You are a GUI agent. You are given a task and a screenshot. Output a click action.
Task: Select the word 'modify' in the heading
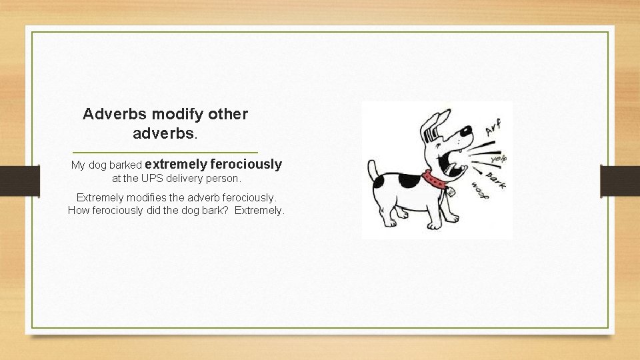point(163,114)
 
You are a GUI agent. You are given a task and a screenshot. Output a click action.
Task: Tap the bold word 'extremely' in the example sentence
point(175,164)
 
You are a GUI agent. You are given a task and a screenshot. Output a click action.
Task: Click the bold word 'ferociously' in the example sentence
point(246,164)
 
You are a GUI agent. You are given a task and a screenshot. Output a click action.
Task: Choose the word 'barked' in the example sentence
point(124,165)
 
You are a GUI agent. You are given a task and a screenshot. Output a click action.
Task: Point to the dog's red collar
point(434,179)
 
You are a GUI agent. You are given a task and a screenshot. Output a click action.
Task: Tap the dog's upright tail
point(374,169)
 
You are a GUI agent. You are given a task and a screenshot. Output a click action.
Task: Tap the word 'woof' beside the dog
point(479,190)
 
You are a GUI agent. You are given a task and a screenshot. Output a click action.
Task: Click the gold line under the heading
point(164,152)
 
